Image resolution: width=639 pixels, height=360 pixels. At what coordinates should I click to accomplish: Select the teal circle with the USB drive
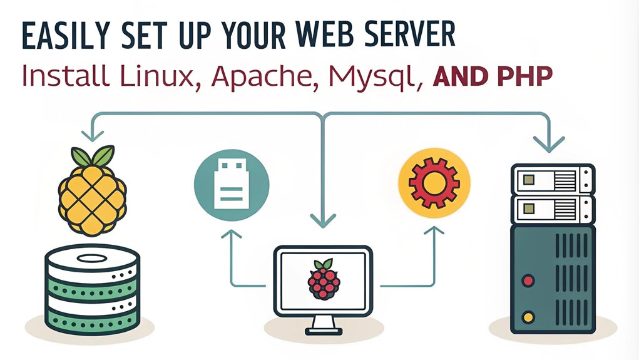click(232, 185)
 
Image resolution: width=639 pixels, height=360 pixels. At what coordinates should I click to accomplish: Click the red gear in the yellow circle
click(434, 183)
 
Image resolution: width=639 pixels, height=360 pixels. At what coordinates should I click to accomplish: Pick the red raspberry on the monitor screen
click(324, 279)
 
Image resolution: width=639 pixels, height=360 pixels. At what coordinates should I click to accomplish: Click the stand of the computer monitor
click(323, 326)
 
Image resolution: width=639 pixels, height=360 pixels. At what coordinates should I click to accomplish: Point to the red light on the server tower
click(528, 280)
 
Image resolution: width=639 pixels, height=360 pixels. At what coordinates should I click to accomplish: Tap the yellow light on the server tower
click(528, 317)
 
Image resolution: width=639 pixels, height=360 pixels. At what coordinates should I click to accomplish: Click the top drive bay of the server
click(553, 179)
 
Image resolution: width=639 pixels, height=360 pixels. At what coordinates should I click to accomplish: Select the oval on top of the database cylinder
click(92, 258)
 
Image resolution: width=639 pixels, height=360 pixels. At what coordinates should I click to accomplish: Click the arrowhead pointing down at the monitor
click(323, 220)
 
